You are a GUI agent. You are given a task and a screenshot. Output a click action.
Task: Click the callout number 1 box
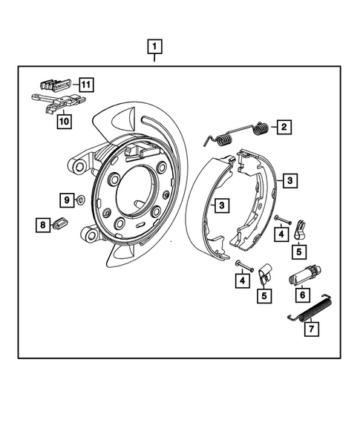tap(154, 48)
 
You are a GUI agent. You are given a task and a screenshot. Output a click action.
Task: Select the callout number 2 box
tap(283, 128)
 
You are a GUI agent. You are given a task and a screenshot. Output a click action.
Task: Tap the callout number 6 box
tap(302, 295)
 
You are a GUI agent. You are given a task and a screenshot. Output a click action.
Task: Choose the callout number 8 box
tap(43, 224)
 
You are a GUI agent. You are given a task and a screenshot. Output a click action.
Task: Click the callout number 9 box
tap(66, 200)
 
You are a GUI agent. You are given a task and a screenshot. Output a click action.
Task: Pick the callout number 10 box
tap(63, 121)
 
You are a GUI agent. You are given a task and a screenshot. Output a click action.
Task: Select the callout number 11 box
tap(86, 85)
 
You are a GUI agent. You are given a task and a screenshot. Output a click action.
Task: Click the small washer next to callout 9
tap(79, 200)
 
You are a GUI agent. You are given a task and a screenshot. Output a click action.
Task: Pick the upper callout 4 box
tap(281, 234)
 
